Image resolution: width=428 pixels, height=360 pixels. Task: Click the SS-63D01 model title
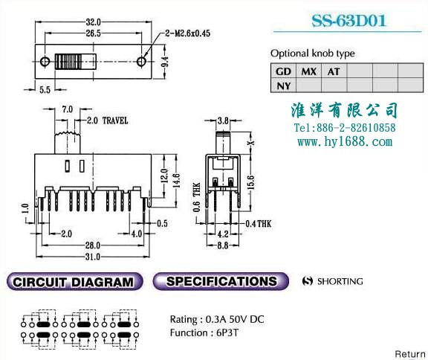[x=348, y=21]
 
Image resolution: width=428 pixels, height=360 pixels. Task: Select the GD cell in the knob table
[x=283, y=71]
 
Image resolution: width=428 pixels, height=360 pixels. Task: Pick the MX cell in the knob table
[x=308, y=71]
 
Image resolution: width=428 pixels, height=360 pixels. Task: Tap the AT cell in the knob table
[x=334, y=71]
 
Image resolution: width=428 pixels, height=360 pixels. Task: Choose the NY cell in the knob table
[x=283, y=86]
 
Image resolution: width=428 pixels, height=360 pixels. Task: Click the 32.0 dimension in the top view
[x=94, y=22]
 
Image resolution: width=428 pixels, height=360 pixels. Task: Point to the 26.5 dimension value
[x=94, y=33]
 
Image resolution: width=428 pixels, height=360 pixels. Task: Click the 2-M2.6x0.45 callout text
[x=188, y=33]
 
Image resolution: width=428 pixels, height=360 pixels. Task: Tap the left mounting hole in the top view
[x=45, y=62]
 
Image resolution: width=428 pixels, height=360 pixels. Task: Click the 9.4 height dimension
[x=165, y=62]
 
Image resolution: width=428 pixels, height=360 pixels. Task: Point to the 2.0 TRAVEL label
[x=107, y=120]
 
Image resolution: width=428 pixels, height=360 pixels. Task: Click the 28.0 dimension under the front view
[x=93, y=245]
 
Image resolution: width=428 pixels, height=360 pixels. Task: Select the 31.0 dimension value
[x=93, y=257]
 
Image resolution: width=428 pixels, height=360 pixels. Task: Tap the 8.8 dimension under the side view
[x=223, y=245]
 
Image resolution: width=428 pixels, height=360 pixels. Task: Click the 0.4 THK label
[x=259, y=224]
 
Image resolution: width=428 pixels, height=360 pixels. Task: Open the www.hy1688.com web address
[x=345, y=141]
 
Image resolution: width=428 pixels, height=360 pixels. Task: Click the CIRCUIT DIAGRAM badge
[x=74, y=281]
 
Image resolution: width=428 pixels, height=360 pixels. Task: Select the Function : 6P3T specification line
[x=204, y=332]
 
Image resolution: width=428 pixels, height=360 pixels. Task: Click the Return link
[x=410, y=354]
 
